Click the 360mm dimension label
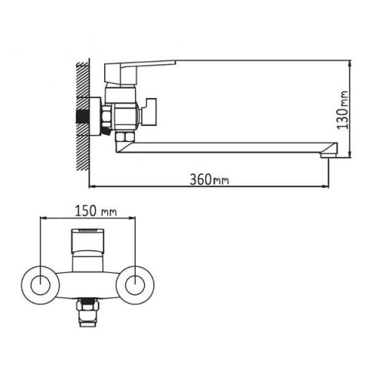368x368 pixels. click(209, 179)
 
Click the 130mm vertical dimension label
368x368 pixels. click(343, 110)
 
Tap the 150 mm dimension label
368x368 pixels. click(96, 211)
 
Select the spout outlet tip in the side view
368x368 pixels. click(329, 155)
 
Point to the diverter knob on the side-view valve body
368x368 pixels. click(150, 112)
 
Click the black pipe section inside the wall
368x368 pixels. click(82, 117)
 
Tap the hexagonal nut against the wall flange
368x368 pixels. click(107, 117)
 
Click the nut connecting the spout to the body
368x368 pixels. click(125, 136)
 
